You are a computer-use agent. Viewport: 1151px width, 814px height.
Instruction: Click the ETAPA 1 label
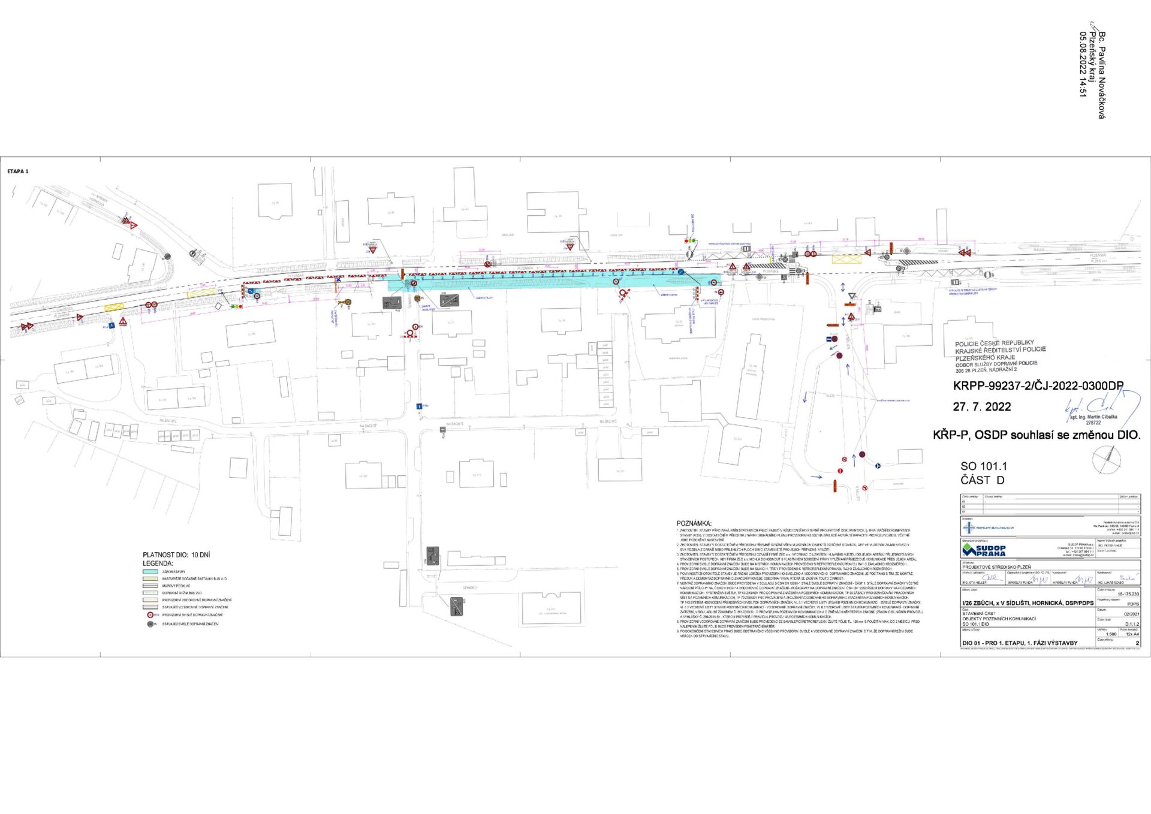(18, 171)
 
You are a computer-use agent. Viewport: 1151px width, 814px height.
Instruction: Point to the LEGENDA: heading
(158, 563)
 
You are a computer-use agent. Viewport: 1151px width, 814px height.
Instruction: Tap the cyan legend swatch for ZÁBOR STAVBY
(150, 572)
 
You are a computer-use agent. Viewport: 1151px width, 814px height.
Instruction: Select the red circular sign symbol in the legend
(150, 615)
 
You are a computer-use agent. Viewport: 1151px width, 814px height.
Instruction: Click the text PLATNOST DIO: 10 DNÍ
(176, 555)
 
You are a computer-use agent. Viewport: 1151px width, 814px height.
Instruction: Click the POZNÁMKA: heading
(694, 523)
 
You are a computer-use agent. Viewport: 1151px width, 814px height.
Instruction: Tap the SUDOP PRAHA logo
(984, 550)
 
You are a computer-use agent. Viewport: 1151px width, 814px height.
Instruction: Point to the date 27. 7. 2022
(982, 406)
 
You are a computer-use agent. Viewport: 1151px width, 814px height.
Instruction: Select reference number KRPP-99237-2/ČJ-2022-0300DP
(1038, 386)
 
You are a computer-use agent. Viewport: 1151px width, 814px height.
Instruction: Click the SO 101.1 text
(984, 466)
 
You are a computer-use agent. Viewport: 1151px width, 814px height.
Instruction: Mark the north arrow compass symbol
(1107, 460)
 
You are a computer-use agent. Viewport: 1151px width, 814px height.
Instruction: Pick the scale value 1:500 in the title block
(1111, 634)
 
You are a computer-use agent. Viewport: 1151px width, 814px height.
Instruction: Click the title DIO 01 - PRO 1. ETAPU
(1020, 643)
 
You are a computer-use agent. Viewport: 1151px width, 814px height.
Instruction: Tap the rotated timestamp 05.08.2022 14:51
(1083, 64)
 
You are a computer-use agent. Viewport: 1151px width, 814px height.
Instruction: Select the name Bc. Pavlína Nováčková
(1101, 76)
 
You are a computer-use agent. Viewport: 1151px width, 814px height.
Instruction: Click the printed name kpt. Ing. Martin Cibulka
(1093, 417)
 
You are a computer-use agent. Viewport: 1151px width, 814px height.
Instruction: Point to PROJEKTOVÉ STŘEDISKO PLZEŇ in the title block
(997, 566)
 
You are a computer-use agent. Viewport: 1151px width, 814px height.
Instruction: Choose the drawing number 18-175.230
(1128, 593)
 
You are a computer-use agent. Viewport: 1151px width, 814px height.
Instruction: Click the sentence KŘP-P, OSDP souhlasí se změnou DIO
(1036, 435)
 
